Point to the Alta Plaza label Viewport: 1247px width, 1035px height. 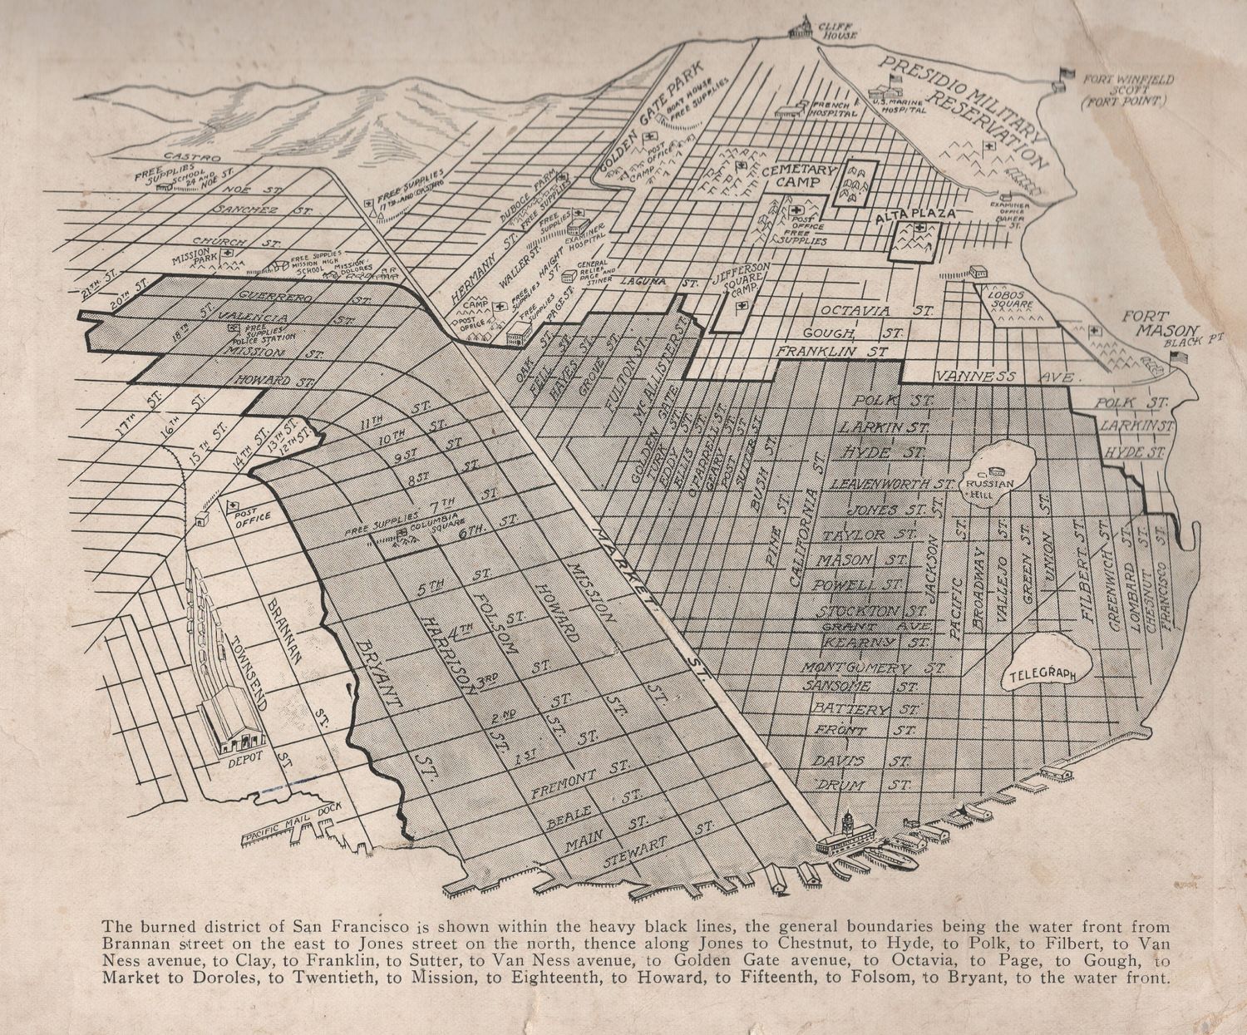[913, 214]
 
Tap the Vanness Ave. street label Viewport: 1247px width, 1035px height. [1006, 377]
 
